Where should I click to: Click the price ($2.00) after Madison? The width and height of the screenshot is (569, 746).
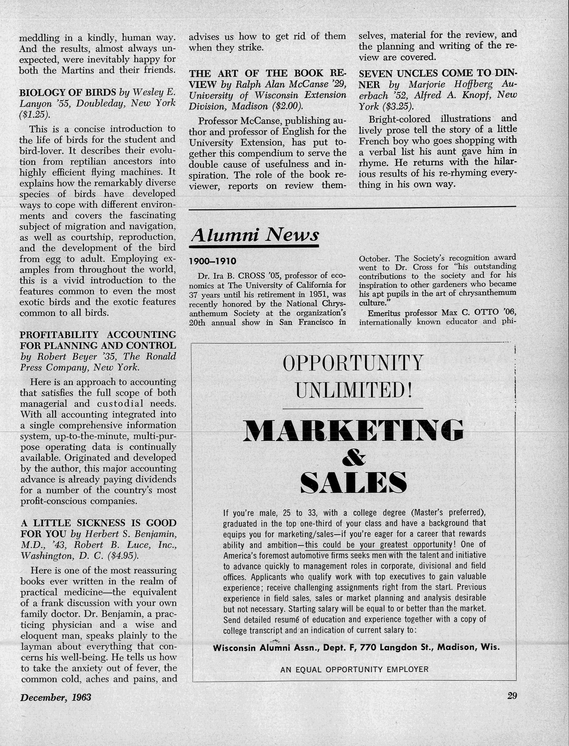[288, 106]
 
